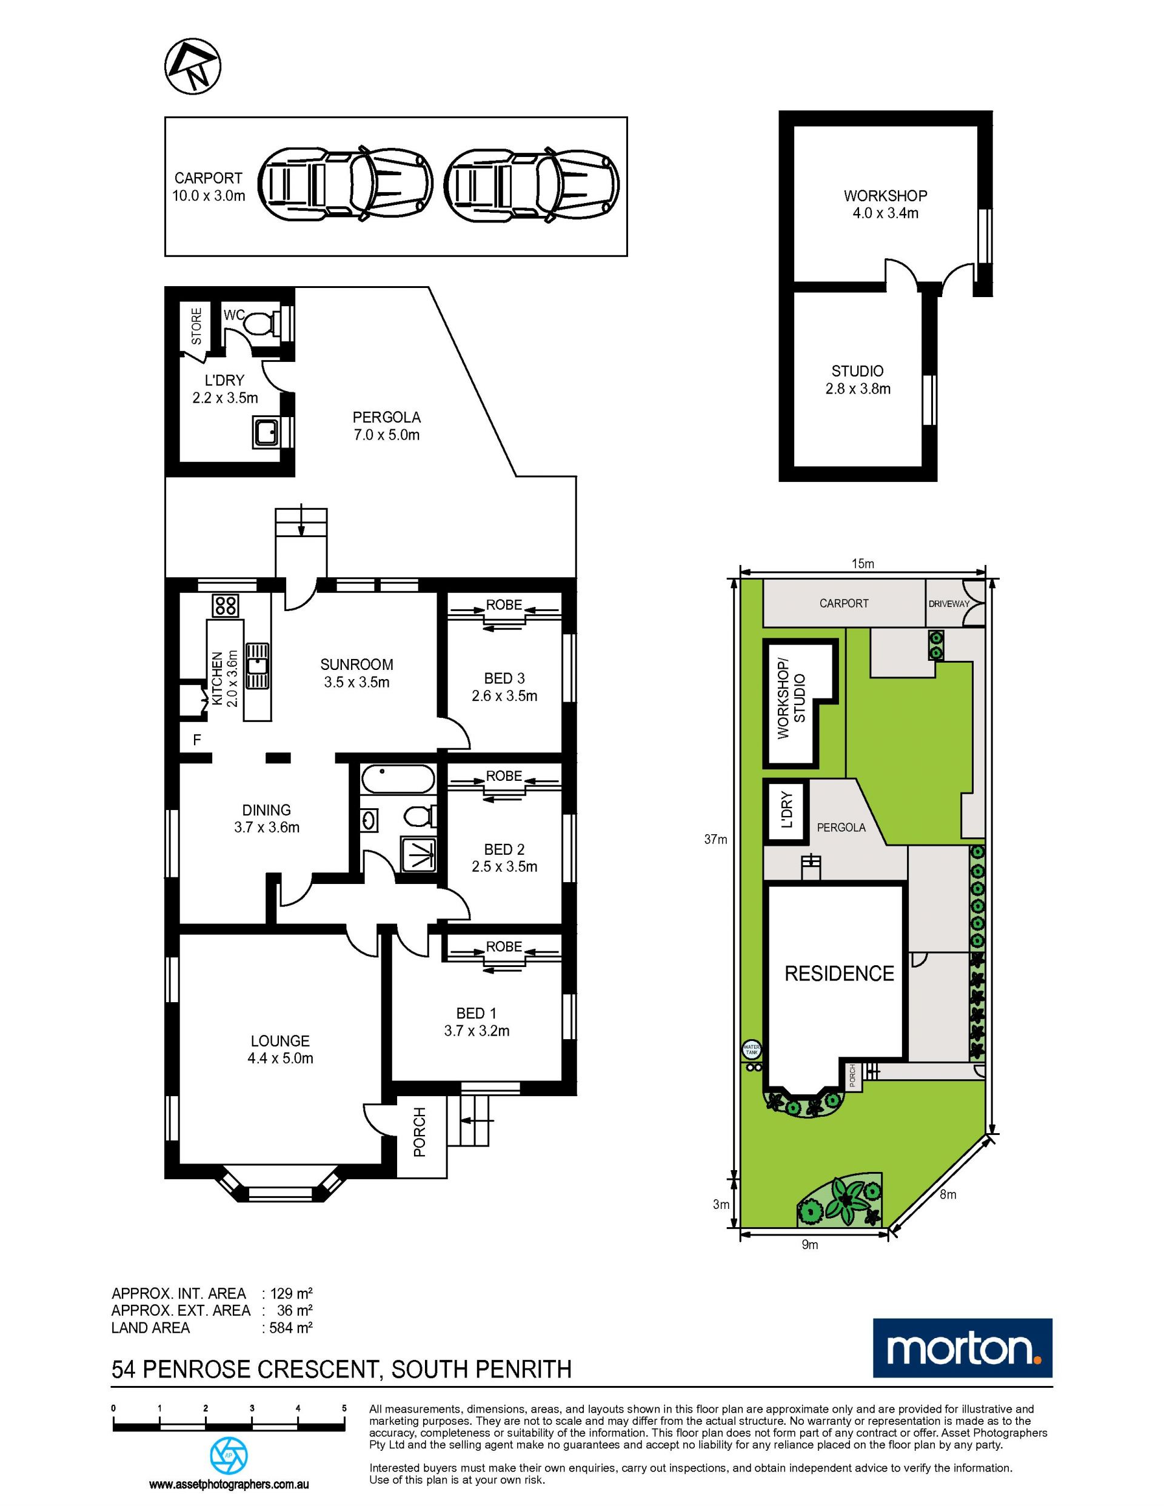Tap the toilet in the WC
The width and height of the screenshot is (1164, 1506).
(266, 322)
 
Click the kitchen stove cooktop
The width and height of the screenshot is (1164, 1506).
(226, 606)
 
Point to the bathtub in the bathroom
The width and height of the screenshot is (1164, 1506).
(398, 779)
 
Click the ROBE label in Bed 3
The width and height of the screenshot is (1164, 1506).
(503, 604)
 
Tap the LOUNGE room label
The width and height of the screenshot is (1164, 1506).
(280, 1040)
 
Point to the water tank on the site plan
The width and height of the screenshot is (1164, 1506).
(751, 1050)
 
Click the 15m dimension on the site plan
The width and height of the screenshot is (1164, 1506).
(863, 563)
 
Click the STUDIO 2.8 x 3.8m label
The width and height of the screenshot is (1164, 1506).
(858, 380)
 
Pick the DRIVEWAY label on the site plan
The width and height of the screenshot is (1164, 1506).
(949, 604)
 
